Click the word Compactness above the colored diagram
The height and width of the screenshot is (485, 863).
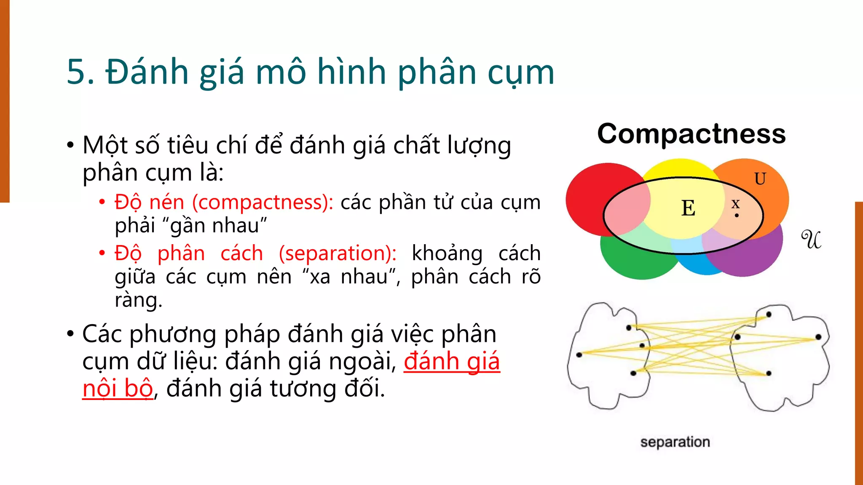691,134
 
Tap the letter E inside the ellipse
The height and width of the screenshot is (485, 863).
688,208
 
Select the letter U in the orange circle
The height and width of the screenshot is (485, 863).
760,179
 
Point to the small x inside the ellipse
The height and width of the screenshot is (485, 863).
735,204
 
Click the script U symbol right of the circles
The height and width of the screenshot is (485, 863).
811,240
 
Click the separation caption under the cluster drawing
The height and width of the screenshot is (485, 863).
675,442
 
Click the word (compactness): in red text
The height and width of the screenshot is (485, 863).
263,203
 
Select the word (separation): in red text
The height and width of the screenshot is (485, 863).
338,253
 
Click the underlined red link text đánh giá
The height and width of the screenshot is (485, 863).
452,361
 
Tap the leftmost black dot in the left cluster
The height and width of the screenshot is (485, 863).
579,355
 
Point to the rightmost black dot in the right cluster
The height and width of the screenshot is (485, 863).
818,337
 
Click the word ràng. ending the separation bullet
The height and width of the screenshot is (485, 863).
138,300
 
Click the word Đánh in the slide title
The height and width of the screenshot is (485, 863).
147,72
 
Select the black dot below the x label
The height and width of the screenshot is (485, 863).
737,216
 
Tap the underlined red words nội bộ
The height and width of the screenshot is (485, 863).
118,388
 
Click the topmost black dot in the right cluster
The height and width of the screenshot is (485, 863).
769,314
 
